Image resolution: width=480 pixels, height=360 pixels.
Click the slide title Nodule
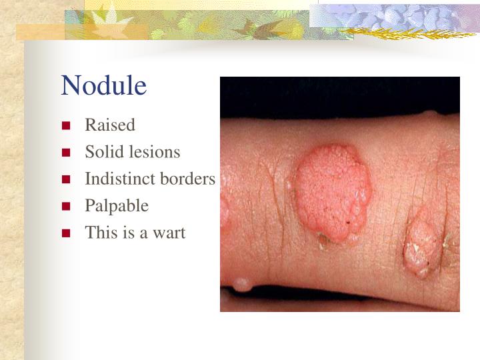click(103, 86)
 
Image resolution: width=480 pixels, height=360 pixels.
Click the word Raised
click(110, 125)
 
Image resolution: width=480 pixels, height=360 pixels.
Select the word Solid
click(100, 152)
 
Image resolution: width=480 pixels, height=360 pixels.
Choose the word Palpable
click(117, 206)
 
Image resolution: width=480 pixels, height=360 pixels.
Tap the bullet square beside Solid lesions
click(66, 153)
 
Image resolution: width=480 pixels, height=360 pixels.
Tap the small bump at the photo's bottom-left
click(241, 285)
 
